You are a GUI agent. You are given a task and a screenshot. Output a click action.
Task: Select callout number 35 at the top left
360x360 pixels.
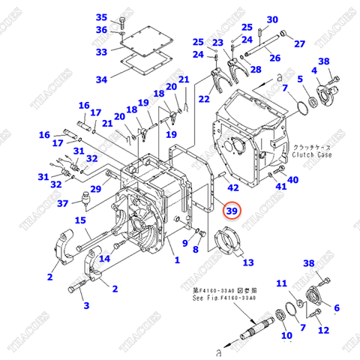[x=102, y=17]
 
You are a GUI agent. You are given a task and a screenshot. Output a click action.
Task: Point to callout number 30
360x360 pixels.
[x=271, y=19]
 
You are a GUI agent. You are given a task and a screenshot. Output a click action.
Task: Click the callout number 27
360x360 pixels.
[x=299, y=43]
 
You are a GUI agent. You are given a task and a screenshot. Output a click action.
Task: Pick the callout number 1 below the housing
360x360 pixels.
[x=177, y=260]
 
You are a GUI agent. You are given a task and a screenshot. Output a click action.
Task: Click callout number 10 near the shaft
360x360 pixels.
[x=286, y=335]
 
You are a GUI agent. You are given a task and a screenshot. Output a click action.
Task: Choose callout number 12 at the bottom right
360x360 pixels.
[x=323, y=330]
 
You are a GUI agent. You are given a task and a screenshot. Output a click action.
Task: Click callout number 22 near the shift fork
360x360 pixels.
[x=204, y=98]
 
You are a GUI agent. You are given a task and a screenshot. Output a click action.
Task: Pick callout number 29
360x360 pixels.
[x=96, y=190]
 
